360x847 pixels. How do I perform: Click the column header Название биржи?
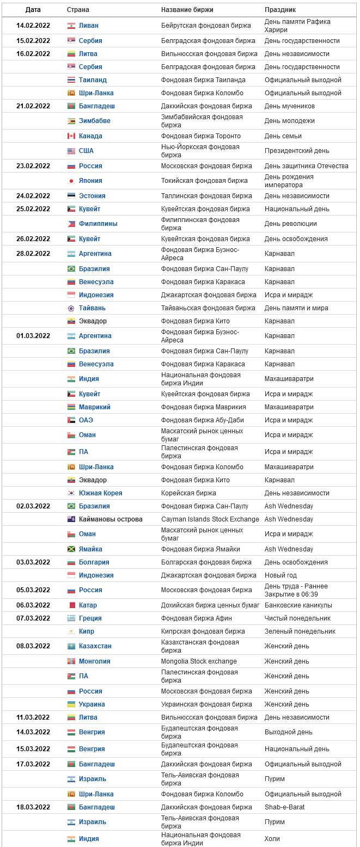coord(187,10)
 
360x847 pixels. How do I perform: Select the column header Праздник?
coord(280,10)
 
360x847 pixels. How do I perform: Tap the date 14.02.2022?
coord(33,26)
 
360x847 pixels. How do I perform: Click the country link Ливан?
coord(89,26)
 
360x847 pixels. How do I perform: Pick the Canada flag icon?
coord(71,136)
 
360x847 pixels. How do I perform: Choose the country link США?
coord(86,151)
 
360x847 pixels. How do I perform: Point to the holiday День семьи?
coord(283,136)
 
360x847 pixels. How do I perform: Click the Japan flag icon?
coord(71,181)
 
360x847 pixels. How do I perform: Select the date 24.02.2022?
coord(33,196)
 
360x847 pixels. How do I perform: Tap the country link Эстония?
coord(92,196)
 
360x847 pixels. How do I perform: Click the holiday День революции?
coord(290,224)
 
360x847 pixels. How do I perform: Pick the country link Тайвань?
coord(92,308)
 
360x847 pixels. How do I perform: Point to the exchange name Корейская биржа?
coord(188,493)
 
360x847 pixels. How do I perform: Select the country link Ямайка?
coord(90,549)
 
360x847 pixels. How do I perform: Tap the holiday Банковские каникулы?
coord(298,605)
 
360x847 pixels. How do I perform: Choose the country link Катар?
coord(88,605)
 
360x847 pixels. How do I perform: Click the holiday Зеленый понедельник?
coord(300,631)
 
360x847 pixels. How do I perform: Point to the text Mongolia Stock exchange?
coord(199,661)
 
